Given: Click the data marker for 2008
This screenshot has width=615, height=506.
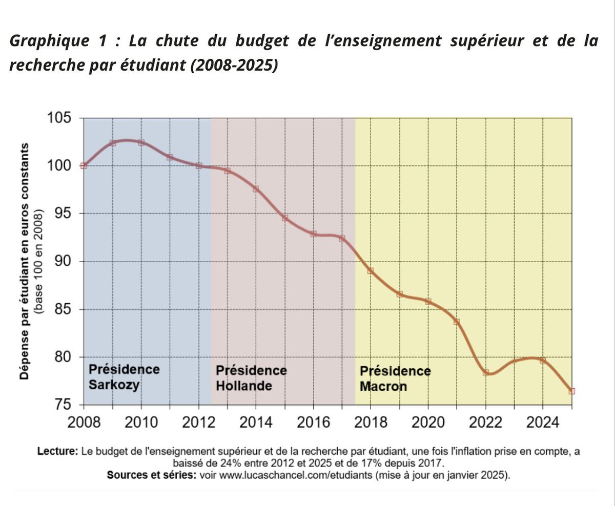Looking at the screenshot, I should [x=84, y=165].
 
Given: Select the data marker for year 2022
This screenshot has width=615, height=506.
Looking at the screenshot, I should [x=485, y=372].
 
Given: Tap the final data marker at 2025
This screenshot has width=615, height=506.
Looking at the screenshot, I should [x=571, y=391].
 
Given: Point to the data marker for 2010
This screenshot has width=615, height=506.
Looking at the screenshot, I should [x=141, y=142].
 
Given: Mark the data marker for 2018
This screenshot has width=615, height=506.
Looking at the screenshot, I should [x=371, y=270].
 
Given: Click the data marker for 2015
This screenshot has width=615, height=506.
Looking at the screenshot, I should [x=284, y=218].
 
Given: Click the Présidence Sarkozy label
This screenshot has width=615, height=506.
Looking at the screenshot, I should [x=124, y=377].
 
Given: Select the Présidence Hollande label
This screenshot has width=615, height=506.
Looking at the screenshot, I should [x=251, y=377].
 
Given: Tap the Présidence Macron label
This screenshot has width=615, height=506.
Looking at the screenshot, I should [x=395, y=378].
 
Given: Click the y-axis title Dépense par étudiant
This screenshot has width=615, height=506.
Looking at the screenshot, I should [x=24, y=261].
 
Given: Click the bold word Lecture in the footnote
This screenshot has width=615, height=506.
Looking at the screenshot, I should [x=57, y=452].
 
